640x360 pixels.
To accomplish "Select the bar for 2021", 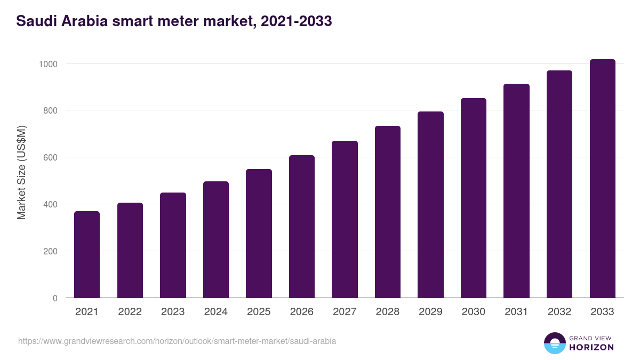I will tap(87, 255).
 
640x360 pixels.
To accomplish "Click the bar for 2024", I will tap(216, 240).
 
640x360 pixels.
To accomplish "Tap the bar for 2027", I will tap(345, 220).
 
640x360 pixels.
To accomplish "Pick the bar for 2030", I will tap(474, 198).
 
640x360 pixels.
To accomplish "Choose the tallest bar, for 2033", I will tap(602, 179).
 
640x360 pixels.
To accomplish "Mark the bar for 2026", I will tap(302, 227).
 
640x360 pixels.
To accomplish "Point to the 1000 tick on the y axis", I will tap(47, 64).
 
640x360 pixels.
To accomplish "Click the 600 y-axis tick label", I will tap(50, 158).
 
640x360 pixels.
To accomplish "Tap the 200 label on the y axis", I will tap(50, 251).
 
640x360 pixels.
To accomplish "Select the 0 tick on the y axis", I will tap(54, 298).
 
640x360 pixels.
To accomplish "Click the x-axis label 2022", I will tap(130, 312).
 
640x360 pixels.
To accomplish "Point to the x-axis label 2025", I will tap(259, 312).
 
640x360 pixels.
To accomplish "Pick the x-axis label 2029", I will tap(430, 312).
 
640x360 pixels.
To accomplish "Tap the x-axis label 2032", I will tap(559, 312).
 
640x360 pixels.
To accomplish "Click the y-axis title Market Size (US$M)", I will tap(21, 172).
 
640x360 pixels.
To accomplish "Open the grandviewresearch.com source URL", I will tap(177, 341).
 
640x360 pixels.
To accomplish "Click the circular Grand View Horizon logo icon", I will tap(554, 343).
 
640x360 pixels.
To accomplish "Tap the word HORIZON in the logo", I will tap(591, 347).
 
